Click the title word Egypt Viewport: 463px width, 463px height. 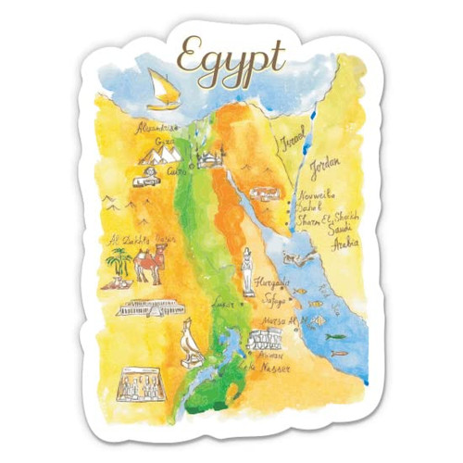click(x=231, y=57)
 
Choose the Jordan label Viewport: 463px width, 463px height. click(x=325, y=168)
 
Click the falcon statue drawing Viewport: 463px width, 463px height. click(x=189, y=343)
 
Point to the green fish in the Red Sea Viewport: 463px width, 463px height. click(x=334, y=336)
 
